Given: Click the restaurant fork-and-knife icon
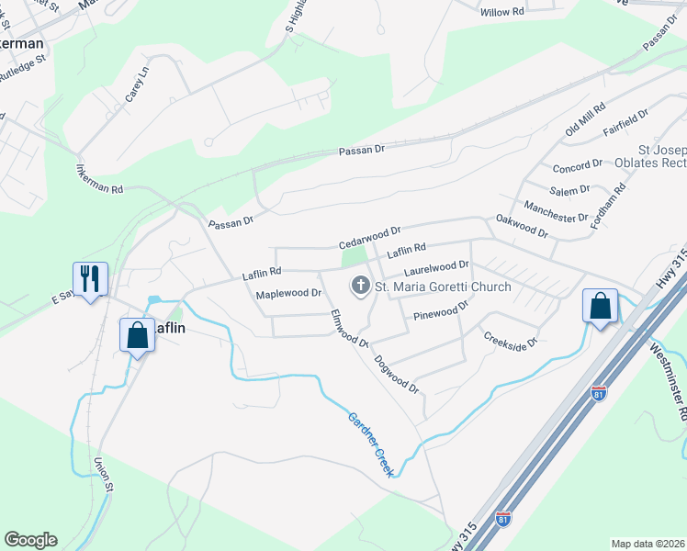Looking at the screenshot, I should click(90, 278).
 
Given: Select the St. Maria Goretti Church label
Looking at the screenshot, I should click(443, 287).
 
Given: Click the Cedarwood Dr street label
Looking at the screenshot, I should click(370, 238).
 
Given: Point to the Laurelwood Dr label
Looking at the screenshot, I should click(436, 269).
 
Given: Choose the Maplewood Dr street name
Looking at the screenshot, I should click(288, 294).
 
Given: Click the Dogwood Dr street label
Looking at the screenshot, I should click(397, 374).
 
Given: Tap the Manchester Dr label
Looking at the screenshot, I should click(555, 210).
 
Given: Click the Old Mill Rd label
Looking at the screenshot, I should click(586, 120).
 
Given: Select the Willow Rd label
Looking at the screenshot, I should click(501, 13).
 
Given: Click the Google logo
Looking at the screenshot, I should click(30, 540).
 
